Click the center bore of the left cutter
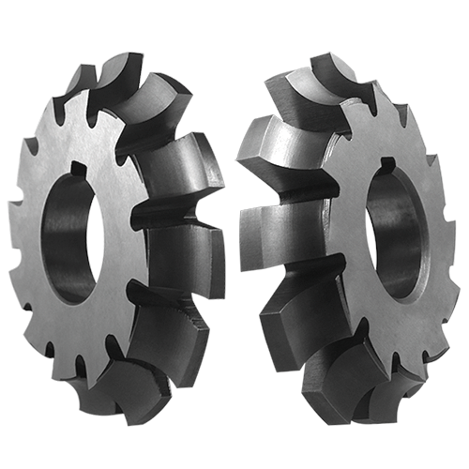coord(70,234)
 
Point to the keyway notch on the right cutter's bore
coord(386,169)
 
